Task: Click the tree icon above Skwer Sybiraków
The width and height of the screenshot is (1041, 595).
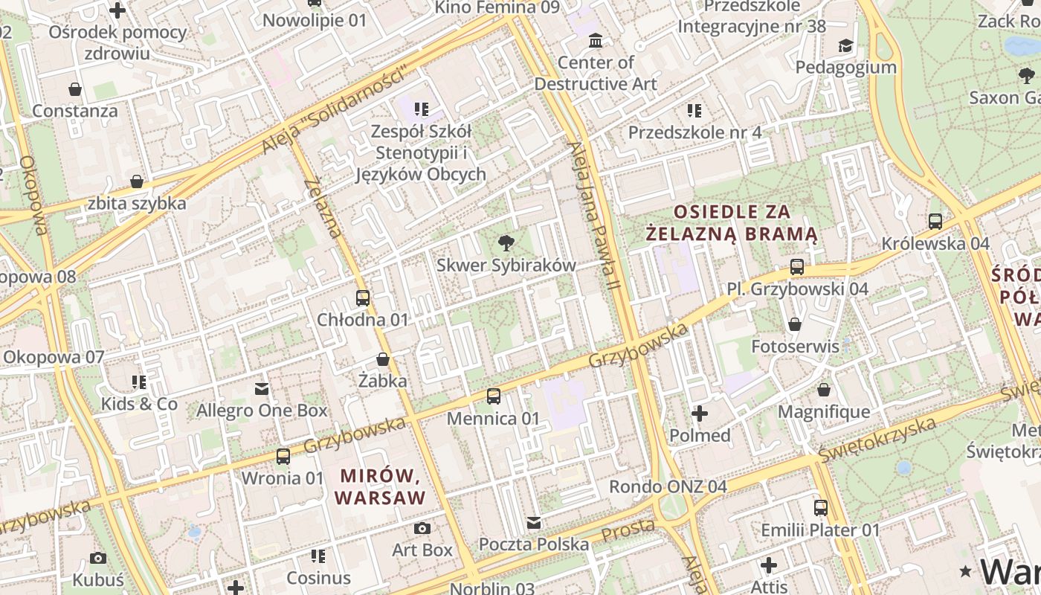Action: pyautogui.click(x=506, y=242)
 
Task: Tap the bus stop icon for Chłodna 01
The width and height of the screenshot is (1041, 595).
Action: pyautogui.click(x=363, y=298)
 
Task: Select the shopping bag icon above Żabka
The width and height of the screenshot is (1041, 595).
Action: pyautogui.click(x=383, y=360)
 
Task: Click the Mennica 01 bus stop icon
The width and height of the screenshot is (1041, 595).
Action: pyautogui.click(x=494, y=396)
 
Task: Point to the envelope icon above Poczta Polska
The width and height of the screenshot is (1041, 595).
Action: pyautogui.click(x=534, y=523)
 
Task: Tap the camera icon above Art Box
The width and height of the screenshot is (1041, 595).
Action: pyautogui.click(x=422, y=529)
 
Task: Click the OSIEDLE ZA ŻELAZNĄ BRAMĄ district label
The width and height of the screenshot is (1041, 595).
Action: pyautogui.click(x=732, y=223)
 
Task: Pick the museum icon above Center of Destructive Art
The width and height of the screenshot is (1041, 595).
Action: pyautogui.click(x=596, y=40)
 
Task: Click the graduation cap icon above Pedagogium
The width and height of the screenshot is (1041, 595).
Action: pyautogui.click(x=845, y=46)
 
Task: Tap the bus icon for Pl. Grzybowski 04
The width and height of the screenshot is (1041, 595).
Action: pyautogui.click(x=797, y=267)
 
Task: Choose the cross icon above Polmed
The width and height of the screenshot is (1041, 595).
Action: pyautogui.click(x=700, y=414)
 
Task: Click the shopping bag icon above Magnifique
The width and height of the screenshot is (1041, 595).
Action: pyautogui.click(x=824, y=390)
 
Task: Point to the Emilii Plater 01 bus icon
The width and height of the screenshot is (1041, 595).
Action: pyautogui.click(x=821, y=508)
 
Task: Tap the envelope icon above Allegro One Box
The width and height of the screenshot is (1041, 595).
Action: pyautogui.click(x=262, y=388)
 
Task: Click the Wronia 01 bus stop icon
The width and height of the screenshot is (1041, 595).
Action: pyautogui.click(x=283, y=457)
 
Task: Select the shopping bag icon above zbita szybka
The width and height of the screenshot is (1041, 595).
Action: pyautogui.click(x=137, y=181)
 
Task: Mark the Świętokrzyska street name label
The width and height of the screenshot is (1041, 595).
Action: pyautogui.click(x=877, y=439)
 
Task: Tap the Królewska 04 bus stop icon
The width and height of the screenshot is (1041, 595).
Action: pyautogui.click(x=935, y=222)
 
